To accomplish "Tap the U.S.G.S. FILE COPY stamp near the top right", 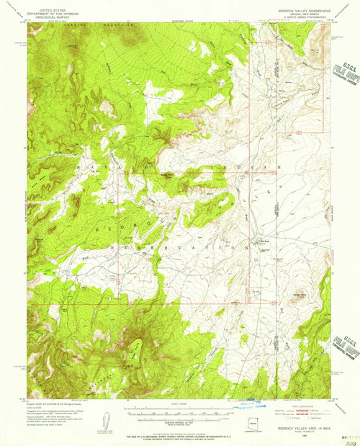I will pos(344,73).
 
